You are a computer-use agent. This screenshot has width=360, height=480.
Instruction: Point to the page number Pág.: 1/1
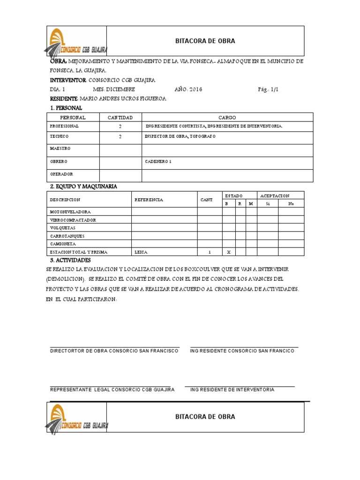(x=268, y=90)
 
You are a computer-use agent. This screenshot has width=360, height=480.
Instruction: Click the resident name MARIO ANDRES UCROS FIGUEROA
(x=123, y=99)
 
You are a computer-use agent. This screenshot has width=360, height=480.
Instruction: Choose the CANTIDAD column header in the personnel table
(x=120, y=117)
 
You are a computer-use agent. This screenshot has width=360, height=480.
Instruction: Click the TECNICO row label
(x=59, y=136)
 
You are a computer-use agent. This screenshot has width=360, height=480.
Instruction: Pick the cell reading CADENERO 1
(x=159, y=161)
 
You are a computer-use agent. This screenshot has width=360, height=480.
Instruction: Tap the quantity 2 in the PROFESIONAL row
(x=120, y=127)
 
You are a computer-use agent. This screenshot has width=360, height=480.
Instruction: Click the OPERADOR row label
(x=61, y=174)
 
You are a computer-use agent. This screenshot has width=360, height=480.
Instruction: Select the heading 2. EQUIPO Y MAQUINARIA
(x=83, y=187)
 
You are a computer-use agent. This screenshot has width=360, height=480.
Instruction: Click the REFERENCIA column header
(x=149, y=200)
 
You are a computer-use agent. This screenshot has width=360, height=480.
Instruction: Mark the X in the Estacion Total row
(x=229, y=252)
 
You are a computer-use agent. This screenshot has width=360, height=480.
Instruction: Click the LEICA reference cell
(x=141, y=252)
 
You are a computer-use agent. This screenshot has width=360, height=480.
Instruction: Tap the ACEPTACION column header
(x=275, y=195)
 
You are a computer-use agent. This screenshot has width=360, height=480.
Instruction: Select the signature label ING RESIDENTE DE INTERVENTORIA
(x=232, y=390)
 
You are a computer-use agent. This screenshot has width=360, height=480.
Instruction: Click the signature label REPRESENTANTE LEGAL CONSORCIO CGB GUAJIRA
(x=112, y=390)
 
